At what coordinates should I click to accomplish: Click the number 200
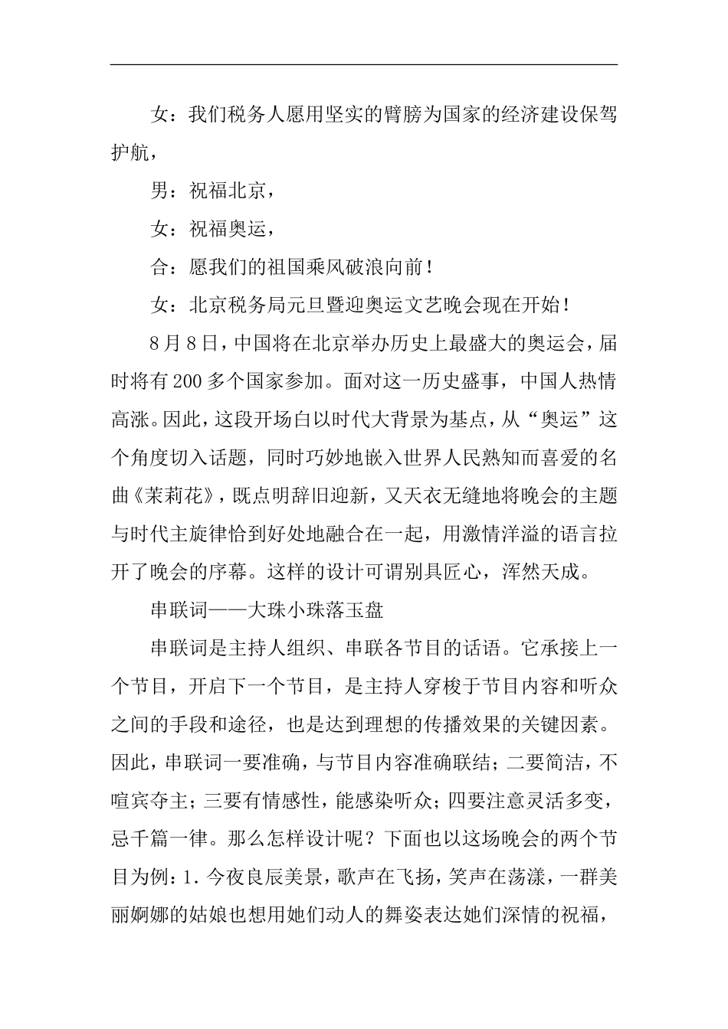click(188, 382)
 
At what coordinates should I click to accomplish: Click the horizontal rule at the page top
click(364, 64)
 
